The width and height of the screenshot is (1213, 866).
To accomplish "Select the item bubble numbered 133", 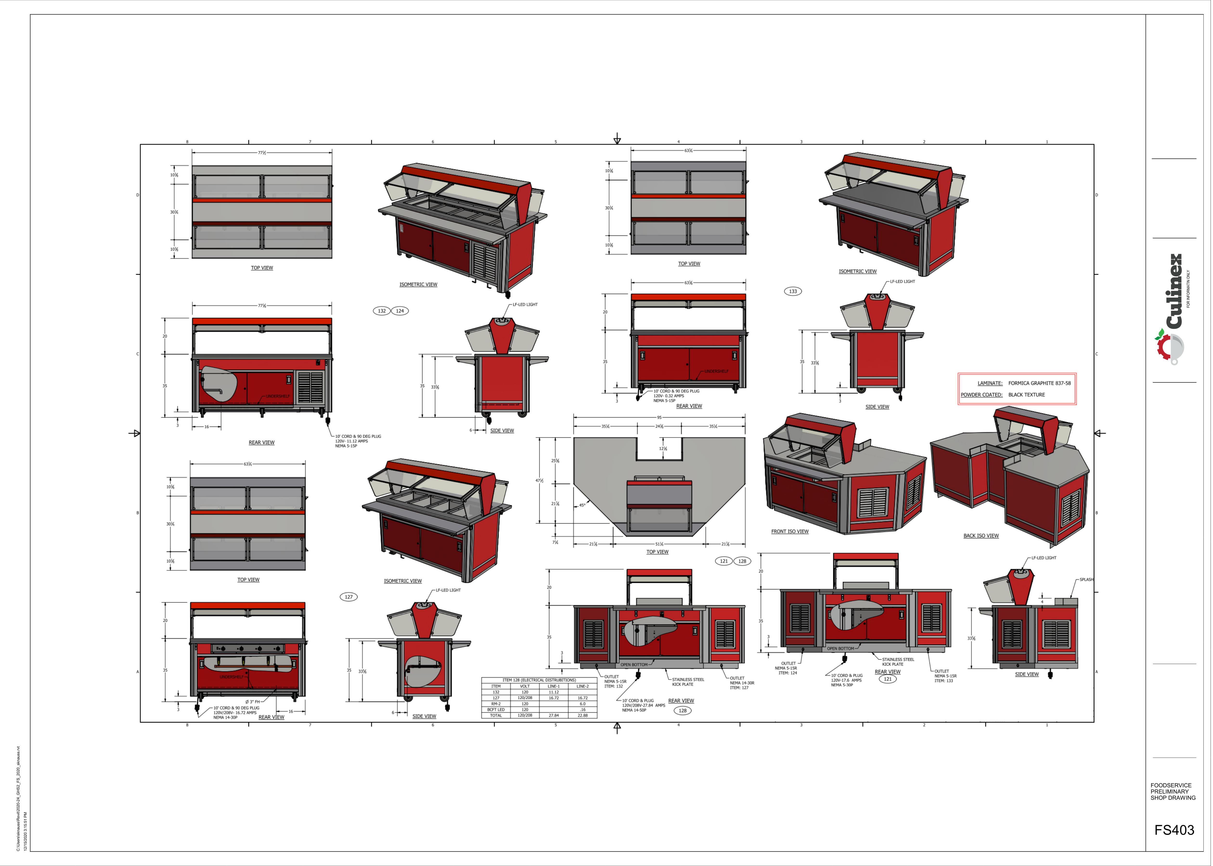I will point(793,291).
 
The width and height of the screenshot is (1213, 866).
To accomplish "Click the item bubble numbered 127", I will point(348,597).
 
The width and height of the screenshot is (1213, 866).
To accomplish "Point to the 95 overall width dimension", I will point(659,418).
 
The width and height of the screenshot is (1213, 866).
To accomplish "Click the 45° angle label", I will point(582,505).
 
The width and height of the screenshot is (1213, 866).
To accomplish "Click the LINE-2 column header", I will point(582,686).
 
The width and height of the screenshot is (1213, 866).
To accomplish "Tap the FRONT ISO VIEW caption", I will point(789,532).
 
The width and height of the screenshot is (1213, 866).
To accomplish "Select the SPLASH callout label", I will point(1086,580).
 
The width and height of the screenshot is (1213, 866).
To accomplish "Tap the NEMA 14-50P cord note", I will point(634,710).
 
